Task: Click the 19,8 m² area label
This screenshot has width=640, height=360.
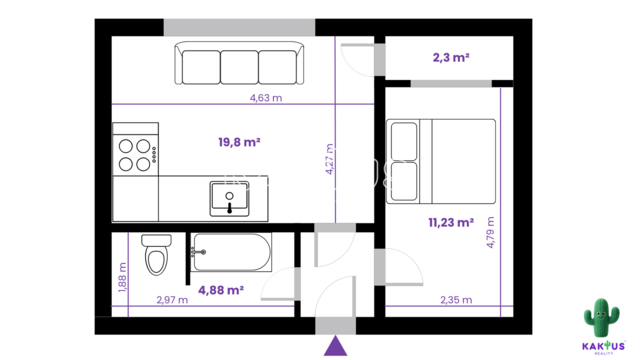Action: tap(239, 142)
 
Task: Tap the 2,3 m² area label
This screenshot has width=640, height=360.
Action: tap(451, 57)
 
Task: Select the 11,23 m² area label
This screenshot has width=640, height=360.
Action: tap(451, 222)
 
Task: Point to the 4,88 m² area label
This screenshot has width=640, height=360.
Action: tap(221, 290)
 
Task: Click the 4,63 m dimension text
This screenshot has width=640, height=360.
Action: tap(266, 98)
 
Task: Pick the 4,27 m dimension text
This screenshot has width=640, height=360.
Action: tap(329, 159)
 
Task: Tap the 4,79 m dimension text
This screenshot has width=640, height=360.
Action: tap(490, 232)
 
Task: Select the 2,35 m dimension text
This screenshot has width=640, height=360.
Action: tap(456, 300)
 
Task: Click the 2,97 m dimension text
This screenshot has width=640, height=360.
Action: tap(172, 300)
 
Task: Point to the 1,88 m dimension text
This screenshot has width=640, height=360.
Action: tap(122, 277)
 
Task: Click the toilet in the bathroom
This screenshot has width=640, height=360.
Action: tap(156, 254)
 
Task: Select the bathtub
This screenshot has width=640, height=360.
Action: tap(231, 252)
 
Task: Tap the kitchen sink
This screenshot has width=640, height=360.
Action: tap(229, 199)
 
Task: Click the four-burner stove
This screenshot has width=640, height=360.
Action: tap(136, 149)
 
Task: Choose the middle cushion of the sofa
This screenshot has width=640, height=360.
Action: tap(239, 67)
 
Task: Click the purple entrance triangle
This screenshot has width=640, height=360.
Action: tap(336, 346)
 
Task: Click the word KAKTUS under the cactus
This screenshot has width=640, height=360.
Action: tap(603, 347)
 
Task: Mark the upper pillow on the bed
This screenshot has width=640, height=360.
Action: tap(404, 141)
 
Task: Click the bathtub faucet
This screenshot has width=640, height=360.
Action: tap(198, 253)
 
